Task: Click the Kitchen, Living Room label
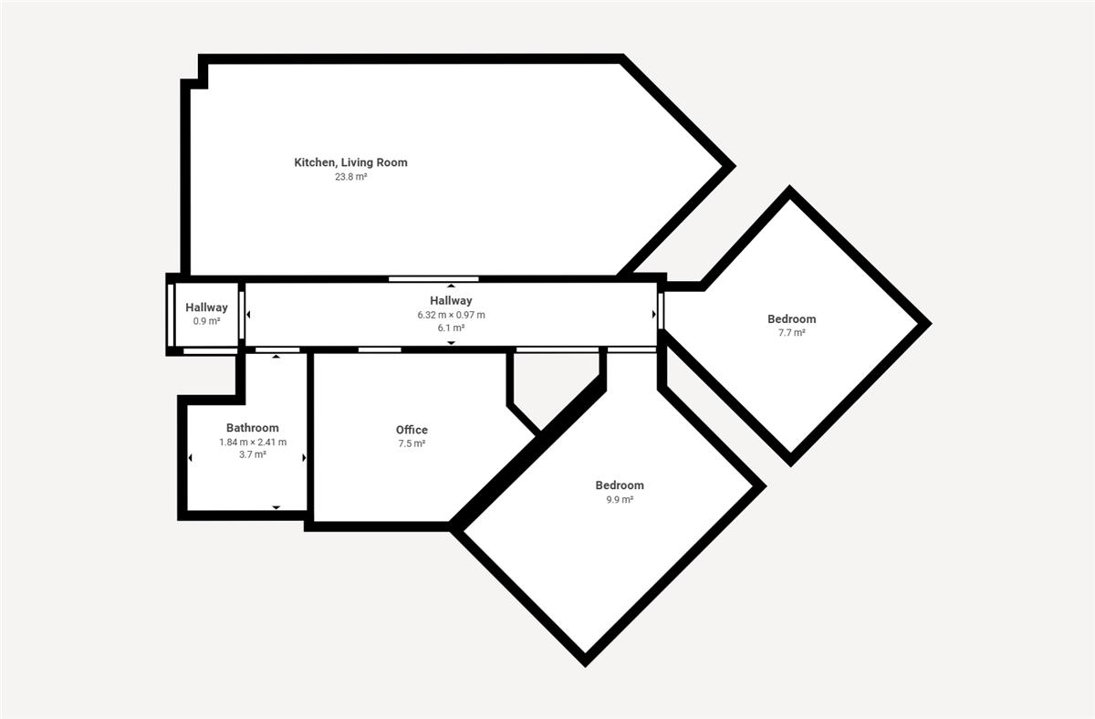[x=350, y=162]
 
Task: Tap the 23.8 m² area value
[x=350, y=177]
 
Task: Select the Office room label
[x=412, y=430]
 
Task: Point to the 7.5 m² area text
[x=412, y=443]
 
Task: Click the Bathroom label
[x=252, y=428]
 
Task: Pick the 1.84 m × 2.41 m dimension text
[x=253, y=442]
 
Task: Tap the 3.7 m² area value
[x=253, y=454]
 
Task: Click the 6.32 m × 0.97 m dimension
[x=451, y=315]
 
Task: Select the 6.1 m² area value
[x=451, y=328]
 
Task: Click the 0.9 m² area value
[x=207, y=321]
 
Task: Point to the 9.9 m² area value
[x=620, y=499]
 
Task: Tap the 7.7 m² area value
[x=792, y=333]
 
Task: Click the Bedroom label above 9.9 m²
[x=620, y=485]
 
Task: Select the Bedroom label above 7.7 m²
[x=792, y=319]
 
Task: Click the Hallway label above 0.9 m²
[x=207, y=307]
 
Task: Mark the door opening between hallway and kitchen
[x=433, y=279]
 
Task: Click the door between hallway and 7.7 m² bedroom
[x=661, y=311]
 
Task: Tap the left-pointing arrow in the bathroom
[x=190, y=458]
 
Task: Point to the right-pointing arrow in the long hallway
[x=654, y=314]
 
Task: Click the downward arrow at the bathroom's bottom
[x=276, y=507]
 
